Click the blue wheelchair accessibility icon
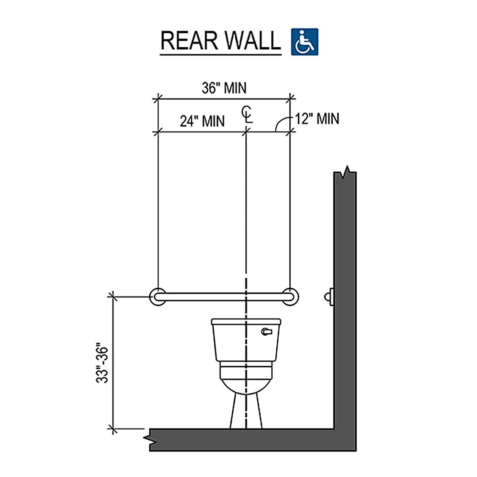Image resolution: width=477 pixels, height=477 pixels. (x=304, y=41)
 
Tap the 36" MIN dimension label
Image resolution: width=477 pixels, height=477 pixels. (x=224, y=88)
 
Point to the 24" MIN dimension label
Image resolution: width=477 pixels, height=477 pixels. (x=202, y=120)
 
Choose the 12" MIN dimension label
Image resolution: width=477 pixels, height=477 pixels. (x=317, y=118)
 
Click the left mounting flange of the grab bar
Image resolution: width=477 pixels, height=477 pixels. (x=158, y=296)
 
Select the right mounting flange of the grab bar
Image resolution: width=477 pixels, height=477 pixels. (x=291, y=296)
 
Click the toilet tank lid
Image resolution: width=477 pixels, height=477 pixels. (x=246, y=322)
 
